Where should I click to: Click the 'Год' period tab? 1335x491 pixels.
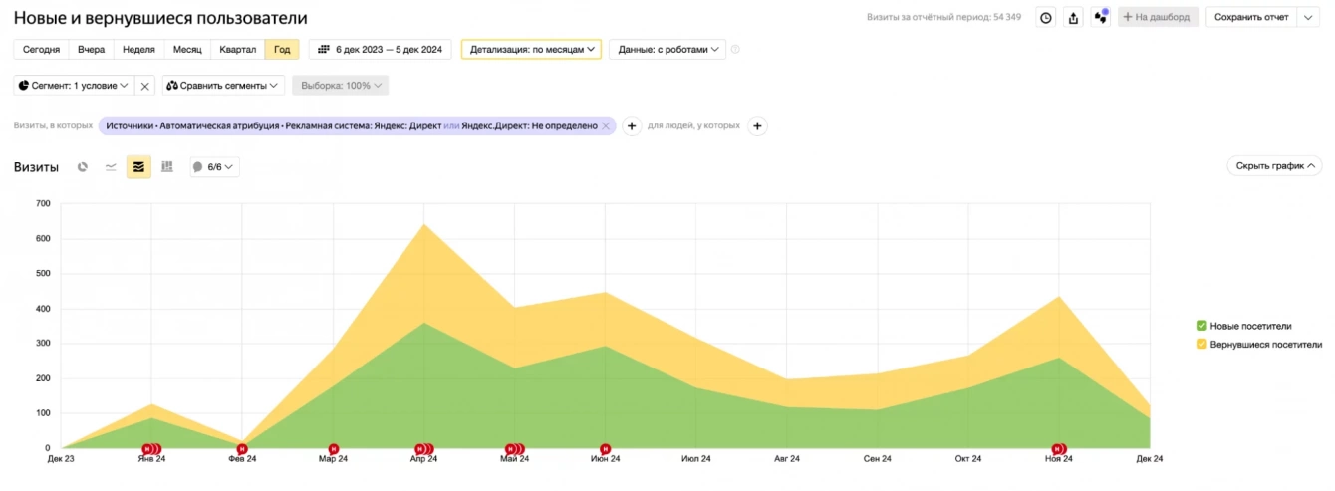[x=282, y=49]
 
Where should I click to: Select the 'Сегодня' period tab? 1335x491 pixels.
[x=41, y=49]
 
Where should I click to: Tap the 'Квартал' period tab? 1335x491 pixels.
[x=238, y=49]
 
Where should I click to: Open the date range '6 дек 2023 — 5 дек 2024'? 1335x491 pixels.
[x=381, y=49]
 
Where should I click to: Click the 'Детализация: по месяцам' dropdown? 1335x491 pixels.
[x=531, y=49]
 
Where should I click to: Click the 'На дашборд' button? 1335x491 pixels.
[x=1158, y=17]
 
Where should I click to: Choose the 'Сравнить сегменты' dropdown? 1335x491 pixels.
[x=224, y=86]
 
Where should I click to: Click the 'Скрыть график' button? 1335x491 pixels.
[x=1274, y=166]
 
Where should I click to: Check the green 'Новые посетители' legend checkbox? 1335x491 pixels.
[x=1201, y=326]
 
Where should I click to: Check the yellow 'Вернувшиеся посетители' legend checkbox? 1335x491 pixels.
[x=1201, y=345]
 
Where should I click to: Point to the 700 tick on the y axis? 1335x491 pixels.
[x=43, y=203]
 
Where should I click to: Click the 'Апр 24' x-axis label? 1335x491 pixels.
[x=424, y=459]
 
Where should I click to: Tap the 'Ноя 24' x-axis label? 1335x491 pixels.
[x=1058, y=459]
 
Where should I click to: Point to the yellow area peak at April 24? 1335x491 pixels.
[x=424, y=224]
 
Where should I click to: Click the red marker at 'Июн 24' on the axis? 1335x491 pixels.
[x=605, y=449]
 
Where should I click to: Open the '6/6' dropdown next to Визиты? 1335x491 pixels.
[x=214, y=167]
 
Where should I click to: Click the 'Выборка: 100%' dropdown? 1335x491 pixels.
[x=340, y=86]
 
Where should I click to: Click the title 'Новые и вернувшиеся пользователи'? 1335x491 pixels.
[x=160, y=18]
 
